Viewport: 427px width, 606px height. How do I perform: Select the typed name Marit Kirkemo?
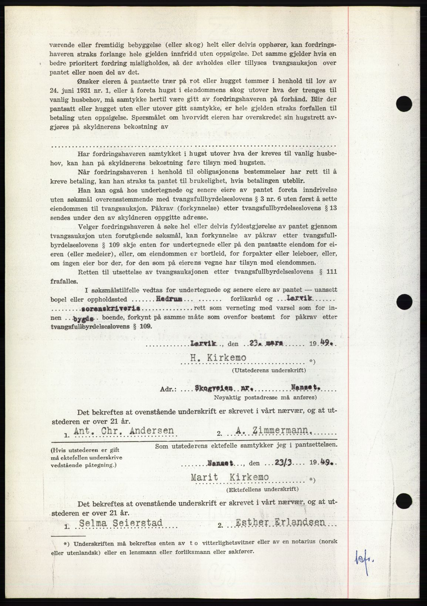click(230, 477)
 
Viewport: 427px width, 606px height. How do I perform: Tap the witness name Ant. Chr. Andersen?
click(124, 430)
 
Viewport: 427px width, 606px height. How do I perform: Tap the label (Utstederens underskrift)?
click(269, 370)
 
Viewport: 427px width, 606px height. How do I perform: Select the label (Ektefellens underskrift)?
click(263, 489)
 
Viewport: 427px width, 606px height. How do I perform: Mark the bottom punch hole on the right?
click(403, 502)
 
